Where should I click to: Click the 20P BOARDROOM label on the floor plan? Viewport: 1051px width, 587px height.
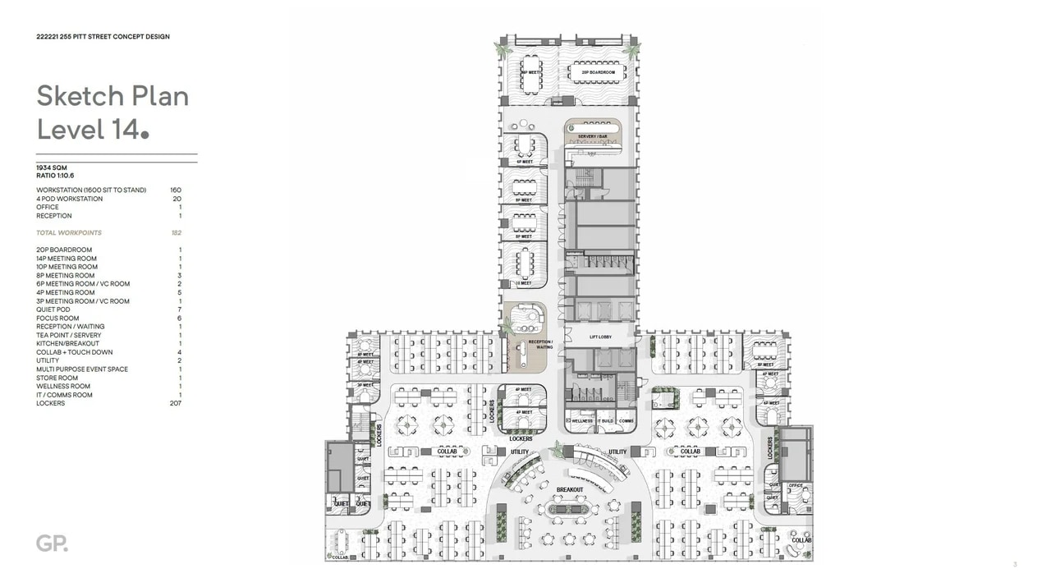[x=598, y=73]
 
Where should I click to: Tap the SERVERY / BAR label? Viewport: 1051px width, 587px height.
[x=592, y=136]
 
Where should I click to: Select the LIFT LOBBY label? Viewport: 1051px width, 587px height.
[x=600, y=337]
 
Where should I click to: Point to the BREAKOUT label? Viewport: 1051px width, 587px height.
[x=570, y=490]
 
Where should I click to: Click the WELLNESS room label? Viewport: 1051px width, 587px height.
[x=581, y=421]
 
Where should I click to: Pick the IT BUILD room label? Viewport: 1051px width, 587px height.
[x=605, y=421]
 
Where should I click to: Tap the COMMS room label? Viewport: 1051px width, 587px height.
[x=626, y=421]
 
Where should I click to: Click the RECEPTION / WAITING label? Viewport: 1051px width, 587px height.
[x=540, y=344]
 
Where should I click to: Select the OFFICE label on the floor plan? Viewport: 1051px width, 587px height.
[x=795, y=486]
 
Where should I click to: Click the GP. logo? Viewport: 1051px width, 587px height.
[x=52, y=543]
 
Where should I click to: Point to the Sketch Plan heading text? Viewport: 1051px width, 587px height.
[x=112, y=96]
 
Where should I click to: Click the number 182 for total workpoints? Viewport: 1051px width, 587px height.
[x=176, y=233]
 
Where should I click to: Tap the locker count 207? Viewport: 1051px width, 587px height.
[x=175, y=403]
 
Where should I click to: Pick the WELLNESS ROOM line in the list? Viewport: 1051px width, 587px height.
[x=63, y=386]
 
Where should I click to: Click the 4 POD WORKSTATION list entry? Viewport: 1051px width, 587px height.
[x=70, y=199]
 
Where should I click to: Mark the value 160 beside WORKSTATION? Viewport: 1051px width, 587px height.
[x=176, y=190]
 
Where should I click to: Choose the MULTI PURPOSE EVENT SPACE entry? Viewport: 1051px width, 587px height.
[x=82, y=369]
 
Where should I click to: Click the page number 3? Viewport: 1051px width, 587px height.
[x=1015, y=564]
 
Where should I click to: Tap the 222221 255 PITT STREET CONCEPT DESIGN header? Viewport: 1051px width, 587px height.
[x=103, y=37]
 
